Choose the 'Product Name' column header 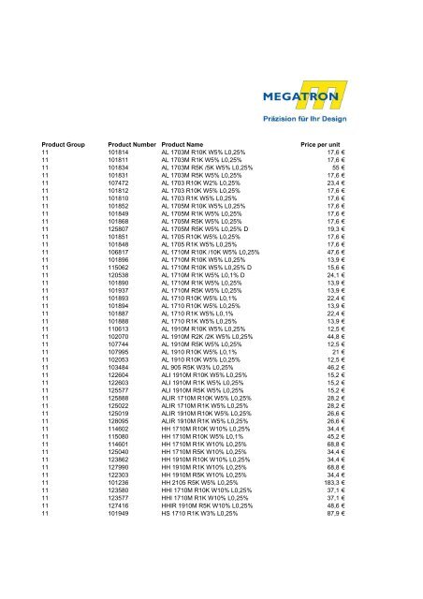(186, 145)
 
